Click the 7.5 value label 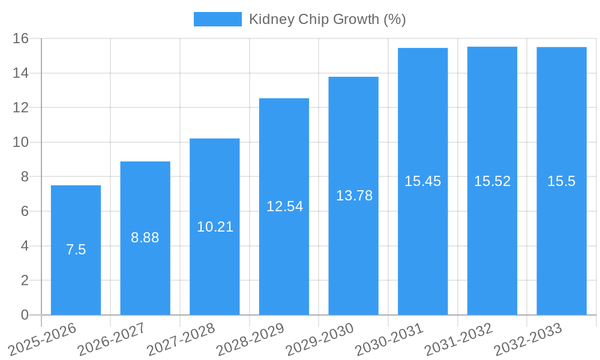coord(76,250)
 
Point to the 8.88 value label coord(145,238)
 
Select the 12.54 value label coord(284,206)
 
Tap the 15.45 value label coord(422,181)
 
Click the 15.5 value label coord(561,181)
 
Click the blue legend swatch coord(217,19)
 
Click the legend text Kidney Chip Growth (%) coord(327,19)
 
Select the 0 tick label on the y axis coord(25,315)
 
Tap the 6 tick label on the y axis coord(25,211)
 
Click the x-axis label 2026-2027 coord(111,339)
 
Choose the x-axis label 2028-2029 coord(250,339)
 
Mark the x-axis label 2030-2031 coord(389,339)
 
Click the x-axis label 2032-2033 coord(527,339)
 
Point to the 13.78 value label coord(354,196)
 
